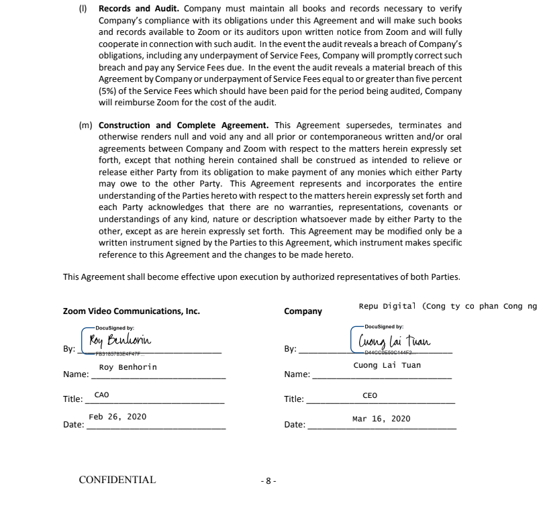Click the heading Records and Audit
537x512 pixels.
139,9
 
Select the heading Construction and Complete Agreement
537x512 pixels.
183,125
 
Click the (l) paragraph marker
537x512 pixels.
85,9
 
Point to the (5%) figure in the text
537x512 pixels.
109,91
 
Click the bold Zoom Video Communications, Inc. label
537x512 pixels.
131,311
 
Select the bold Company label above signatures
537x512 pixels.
303,311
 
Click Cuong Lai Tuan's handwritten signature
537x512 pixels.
395,341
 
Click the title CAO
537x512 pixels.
102,395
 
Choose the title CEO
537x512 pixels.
370,395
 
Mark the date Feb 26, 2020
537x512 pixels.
117,417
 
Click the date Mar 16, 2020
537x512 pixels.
381,419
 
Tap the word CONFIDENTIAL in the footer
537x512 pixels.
117,480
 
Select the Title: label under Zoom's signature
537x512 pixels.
72,399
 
